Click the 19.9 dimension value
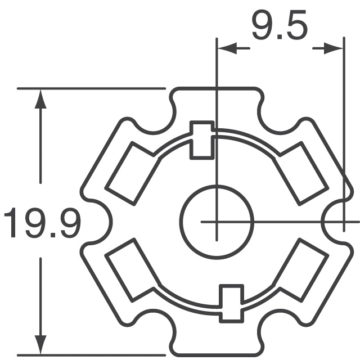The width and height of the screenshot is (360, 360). point(42,222)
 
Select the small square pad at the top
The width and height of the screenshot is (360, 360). point(201,139)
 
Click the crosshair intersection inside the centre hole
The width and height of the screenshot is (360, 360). point(216,222)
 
